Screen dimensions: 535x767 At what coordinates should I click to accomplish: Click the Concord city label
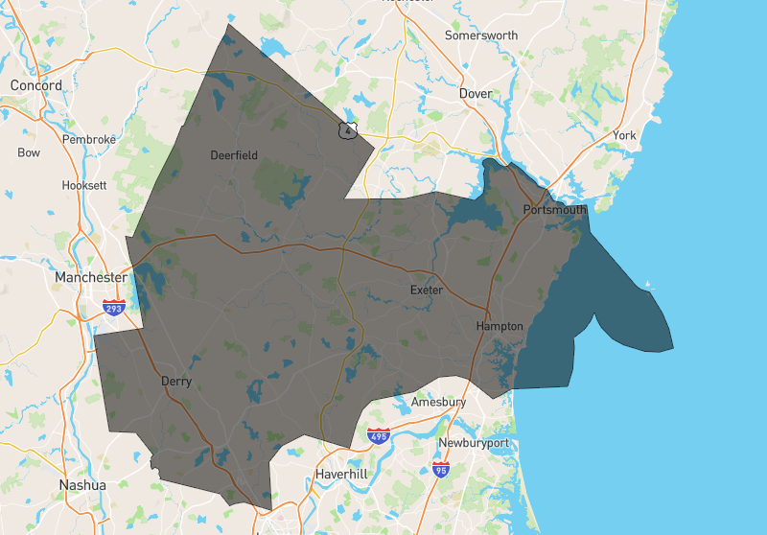(36, 85)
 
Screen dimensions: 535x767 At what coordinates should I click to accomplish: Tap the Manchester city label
(91, 277)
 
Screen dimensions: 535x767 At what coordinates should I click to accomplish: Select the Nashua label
(81, 485)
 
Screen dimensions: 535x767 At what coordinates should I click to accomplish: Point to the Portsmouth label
(554, 210)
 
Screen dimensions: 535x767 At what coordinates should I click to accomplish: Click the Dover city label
(476, 94)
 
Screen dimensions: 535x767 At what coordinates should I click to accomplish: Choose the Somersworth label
(481, 35)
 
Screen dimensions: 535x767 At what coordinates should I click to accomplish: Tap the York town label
(624, 136)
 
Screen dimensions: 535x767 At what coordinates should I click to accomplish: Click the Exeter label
(427, 290)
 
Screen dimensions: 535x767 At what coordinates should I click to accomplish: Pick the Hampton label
(500, 327)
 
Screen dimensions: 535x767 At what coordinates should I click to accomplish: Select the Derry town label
(176, 382)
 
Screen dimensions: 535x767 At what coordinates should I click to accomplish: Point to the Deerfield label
(234, 155)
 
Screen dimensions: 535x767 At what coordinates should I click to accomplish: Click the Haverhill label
(341, 475)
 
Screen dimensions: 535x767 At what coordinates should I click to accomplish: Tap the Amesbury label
(438, 403)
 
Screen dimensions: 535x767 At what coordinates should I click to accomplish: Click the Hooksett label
(83, 185)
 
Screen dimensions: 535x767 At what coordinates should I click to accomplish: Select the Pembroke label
(89, 139)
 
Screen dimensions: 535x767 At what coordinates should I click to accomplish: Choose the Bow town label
(29, 152)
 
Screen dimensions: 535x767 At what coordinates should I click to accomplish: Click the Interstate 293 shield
(114, 308)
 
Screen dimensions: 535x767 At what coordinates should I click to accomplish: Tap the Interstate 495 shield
(379, 437)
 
